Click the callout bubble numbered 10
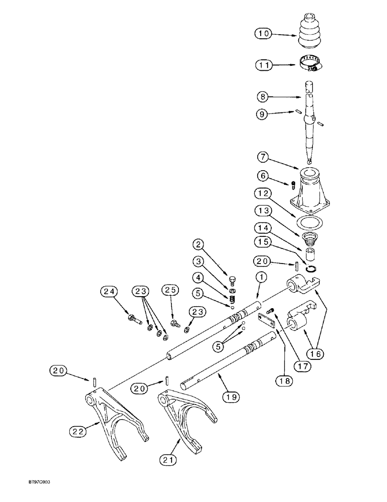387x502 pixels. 263,34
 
